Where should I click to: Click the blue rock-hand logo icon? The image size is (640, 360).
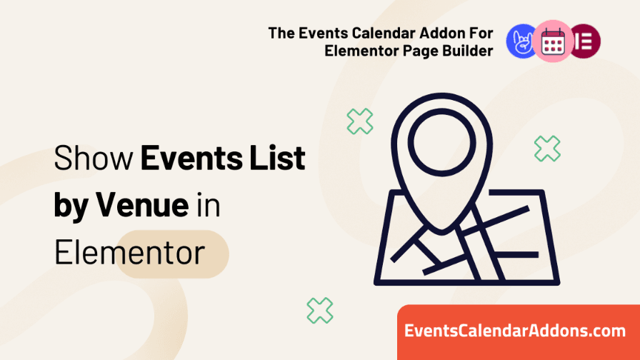(x=521, y=41)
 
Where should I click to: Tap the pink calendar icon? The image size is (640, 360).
(x=553, y=41)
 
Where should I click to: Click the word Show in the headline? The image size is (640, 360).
(x=94, y=158)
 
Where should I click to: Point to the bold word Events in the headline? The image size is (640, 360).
(x=191, y=158)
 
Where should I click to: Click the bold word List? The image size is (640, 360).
(x=278, y=158)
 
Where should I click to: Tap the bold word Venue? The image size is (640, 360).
(x=142, y=204)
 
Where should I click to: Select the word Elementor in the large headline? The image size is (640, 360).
(x=129, y=252)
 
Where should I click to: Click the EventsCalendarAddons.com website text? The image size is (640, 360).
(x=515, y=331)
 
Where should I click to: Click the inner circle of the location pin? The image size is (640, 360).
(x=441, y=142)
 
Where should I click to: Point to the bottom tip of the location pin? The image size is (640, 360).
(x=441, y=234)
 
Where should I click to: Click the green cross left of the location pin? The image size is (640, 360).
(x=359, y=121)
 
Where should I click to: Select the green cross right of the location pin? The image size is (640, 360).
(x=547, y=149)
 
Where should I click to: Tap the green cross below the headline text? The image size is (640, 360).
(x=319, y=311)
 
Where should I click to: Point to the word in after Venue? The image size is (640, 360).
(x=209, y=204)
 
